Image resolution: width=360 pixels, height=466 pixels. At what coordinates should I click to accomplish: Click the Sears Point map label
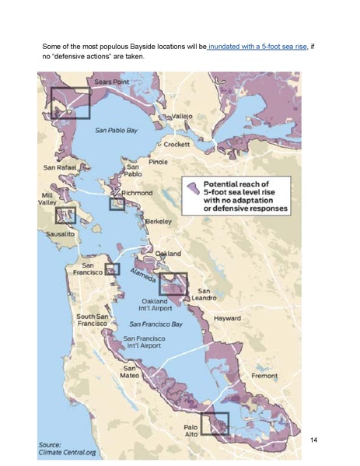pos(110,82)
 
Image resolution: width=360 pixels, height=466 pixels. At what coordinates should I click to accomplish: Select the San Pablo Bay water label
pos(117,131)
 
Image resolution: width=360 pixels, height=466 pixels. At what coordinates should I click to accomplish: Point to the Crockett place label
pos(177,144)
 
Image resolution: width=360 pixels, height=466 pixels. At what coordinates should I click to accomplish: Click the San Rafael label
pos(60,167)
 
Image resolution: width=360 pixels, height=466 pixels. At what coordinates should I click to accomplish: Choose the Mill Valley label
pos(49,198)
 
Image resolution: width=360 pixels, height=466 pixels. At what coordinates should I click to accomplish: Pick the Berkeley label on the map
pos(159,222)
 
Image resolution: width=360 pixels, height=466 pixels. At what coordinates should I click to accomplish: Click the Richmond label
pos(137,192)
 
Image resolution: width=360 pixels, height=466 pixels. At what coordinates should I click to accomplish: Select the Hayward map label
pos(227,319)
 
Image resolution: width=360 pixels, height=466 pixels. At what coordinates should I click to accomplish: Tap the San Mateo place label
pos(130,372)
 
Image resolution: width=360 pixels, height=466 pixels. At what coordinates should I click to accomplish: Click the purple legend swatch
pos(190,187)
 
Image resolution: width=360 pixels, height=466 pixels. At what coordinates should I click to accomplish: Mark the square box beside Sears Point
pos(71,103)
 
